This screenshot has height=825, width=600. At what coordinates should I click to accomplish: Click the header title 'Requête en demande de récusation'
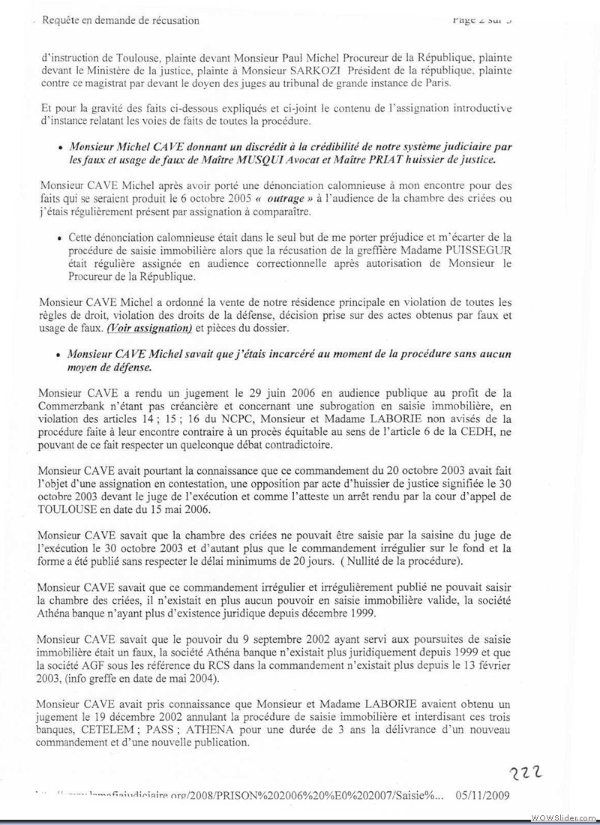121,20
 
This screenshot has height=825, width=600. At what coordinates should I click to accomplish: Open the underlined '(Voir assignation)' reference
149,328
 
